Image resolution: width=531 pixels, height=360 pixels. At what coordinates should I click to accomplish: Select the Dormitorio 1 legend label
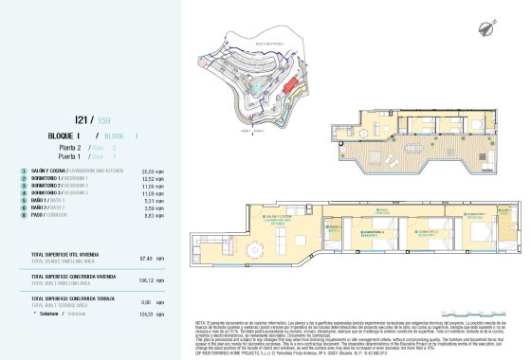pyautogui.click(x=48, y=178)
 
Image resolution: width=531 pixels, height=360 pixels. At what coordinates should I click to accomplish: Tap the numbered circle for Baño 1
pyautogui.click(x=21, y=201)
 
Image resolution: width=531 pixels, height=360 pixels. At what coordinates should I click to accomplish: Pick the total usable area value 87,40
pyautogui.click(x=144, y=257)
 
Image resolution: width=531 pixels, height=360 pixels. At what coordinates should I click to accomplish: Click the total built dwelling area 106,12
pyautogui.click(x=144, y=279)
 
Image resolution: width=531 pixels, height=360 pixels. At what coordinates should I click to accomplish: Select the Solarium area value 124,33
pyautogui.click(x=144, y=314)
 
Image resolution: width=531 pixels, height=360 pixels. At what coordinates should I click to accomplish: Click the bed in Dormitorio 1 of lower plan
pyautogui.click(x=379, y=238)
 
